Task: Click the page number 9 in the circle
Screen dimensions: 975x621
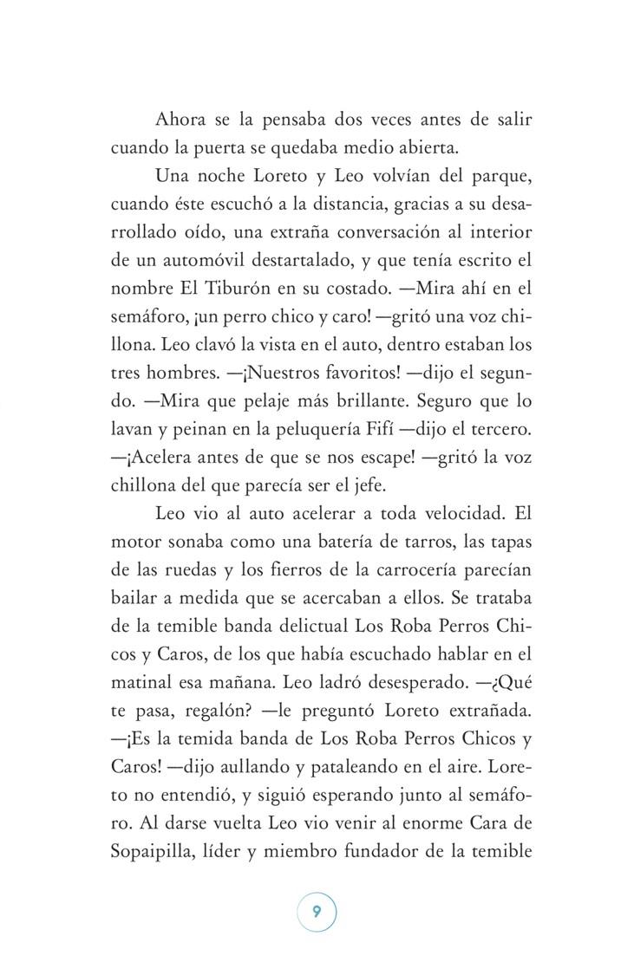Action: [317, 911]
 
